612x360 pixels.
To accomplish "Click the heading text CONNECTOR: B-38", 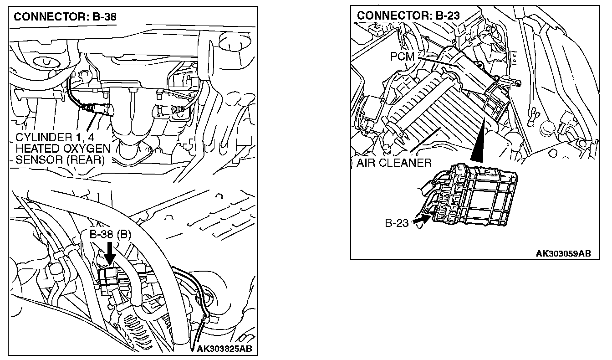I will pos(65,17).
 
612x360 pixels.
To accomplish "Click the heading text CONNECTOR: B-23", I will pos(408,15).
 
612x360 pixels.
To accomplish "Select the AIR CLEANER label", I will pos(393,163).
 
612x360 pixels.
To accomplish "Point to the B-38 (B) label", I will pos(110,235).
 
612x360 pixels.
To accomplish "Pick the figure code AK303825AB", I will pos(224,349).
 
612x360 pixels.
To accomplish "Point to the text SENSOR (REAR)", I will pos(60,160).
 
